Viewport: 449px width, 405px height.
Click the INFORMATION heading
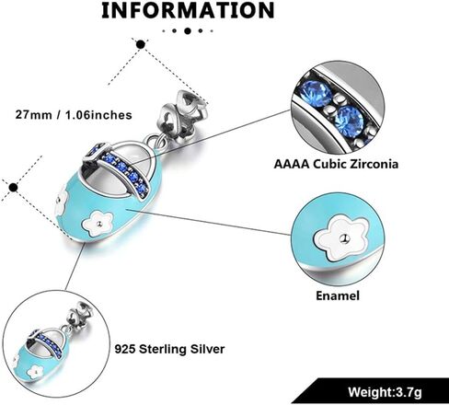pyautogui.click(x=188, y=10)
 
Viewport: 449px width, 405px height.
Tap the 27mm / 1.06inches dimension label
pyautogui.click(x=74, y=115)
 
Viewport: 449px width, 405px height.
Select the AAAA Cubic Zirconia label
pyautogui.click(x=336, y=164)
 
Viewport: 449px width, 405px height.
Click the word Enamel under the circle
pyautogui.click(x=338, y=295)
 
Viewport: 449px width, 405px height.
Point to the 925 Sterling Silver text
pyautogui.click(x=169, y=349)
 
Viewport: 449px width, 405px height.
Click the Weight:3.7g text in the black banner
pyautogui.click(x=385, y=392)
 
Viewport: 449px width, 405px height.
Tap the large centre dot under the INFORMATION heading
pyautogui.click(x=188, y=30)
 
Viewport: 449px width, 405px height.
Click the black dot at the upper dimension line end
pyautogui.click(x=141, y=44)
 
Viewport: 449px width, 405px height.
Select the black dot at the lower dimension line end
pyautogui.click(x=13, y=187)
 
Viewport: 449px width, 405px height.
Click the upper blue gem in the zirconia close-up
pyautogui.click(x=316, y=92)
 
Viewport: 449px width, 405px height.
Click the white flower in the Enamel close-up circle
pyautogui.click(x=341, y=237)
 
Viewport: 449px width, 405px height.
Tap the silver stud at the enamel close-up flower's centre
pyautogui.click(x=345, y=237)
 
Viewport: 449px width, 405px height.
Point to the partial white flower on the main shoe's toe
pyautogui.click(x=62, y=201)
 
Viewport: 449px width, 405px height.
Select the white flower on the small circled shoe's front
pyautogui.click(x=36, y=372)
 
